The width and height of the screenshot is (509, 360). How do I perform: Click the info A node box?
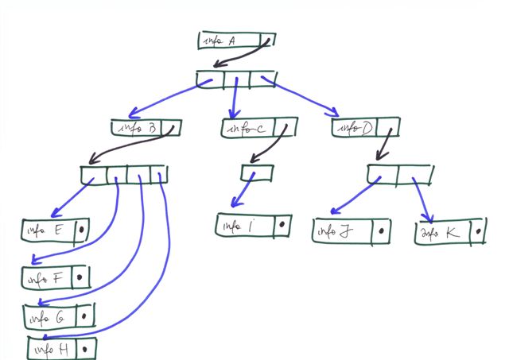point(236,41)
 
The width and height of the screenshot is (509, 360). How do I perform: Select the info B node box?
point(147,126)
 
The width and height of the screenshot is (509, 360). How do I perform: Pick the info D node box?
point(364,126)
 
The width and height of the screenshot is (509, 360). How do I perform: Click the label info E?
point(47,230)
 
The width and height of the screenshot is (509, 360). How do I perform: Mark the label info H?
point(52,348)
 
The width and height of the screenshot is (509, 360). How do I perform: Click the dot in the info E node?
point(82,230)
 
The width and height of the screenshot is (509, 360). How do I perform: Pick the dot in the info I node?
point(282,225)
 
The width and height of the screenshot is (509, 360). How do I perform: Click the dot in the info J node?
point(383,231)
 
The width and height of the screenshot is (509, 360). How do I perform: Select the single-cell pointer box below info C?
point(257,171)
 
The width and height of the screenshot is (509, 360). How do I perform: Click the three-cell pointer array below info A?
point(235,79)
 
